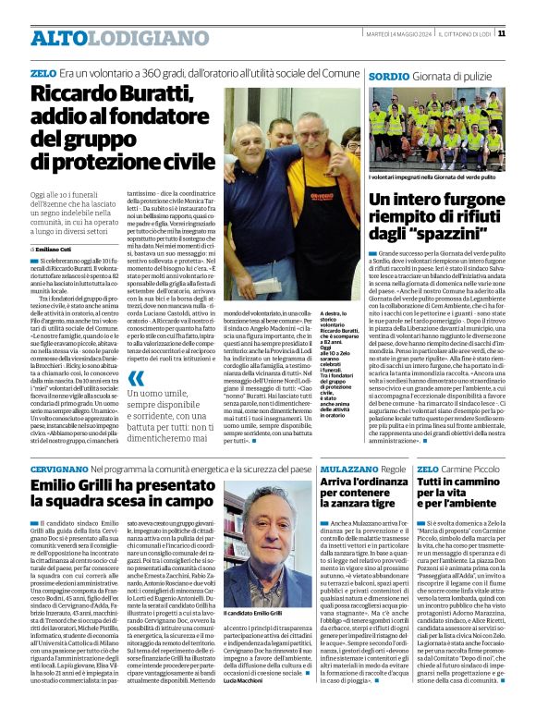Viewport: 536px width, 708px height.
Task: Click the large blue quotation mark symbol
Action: point(135,378)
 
